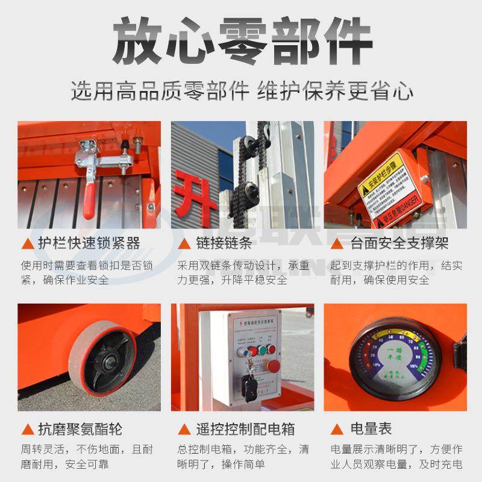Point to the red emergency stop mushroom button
272,366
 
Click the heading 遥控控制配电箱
245,429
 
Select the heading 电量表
371,429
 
